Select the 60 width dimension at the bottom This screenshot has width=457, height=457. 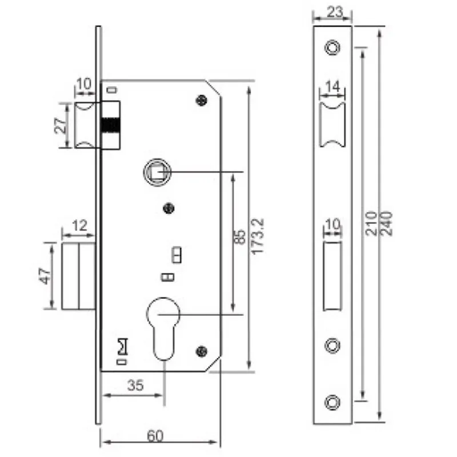[155, 436]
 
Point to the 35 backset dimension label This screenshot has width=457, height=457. [135, 386]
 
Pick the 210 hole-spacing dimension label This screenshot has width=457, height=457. [371, 222]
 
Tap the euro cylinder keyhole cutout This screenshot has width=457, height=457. [164, 326]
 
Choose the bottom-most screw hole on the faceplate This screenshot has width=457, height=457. [332, 401]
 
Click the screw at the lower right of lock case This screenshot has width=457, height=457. [201, 350]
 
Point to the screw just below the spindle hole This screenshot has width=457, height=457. [168, 208]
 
